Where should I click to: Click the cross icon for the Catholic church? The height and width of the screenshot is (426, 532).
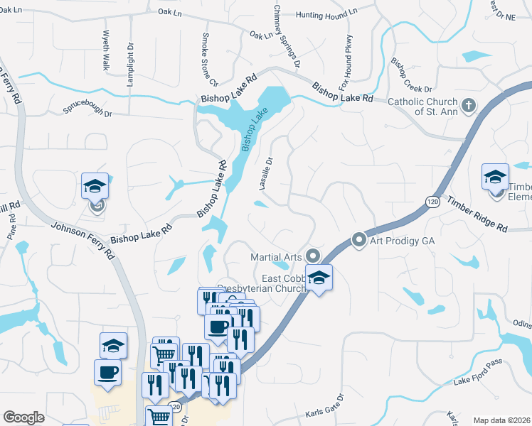point(468,106)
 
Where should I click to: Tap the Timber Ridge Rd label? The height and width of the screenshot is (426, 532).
point(478,214)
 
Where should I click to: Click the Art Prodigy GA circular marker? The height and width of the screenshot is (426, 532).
point(359,241)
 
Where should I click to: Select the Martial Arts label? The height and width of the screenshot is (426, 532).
point(277,256)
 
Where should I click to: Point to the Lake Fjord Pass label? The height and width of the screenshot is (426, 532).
point(478,373)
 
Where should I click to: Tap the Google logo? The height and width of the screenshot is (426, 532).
point(23,417)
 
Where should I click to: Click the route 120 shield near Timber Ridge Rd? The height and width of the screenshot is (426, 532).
point(433,202)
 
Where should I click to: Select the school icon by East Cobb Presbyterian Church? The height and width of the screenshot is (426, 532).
point(319,278)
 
